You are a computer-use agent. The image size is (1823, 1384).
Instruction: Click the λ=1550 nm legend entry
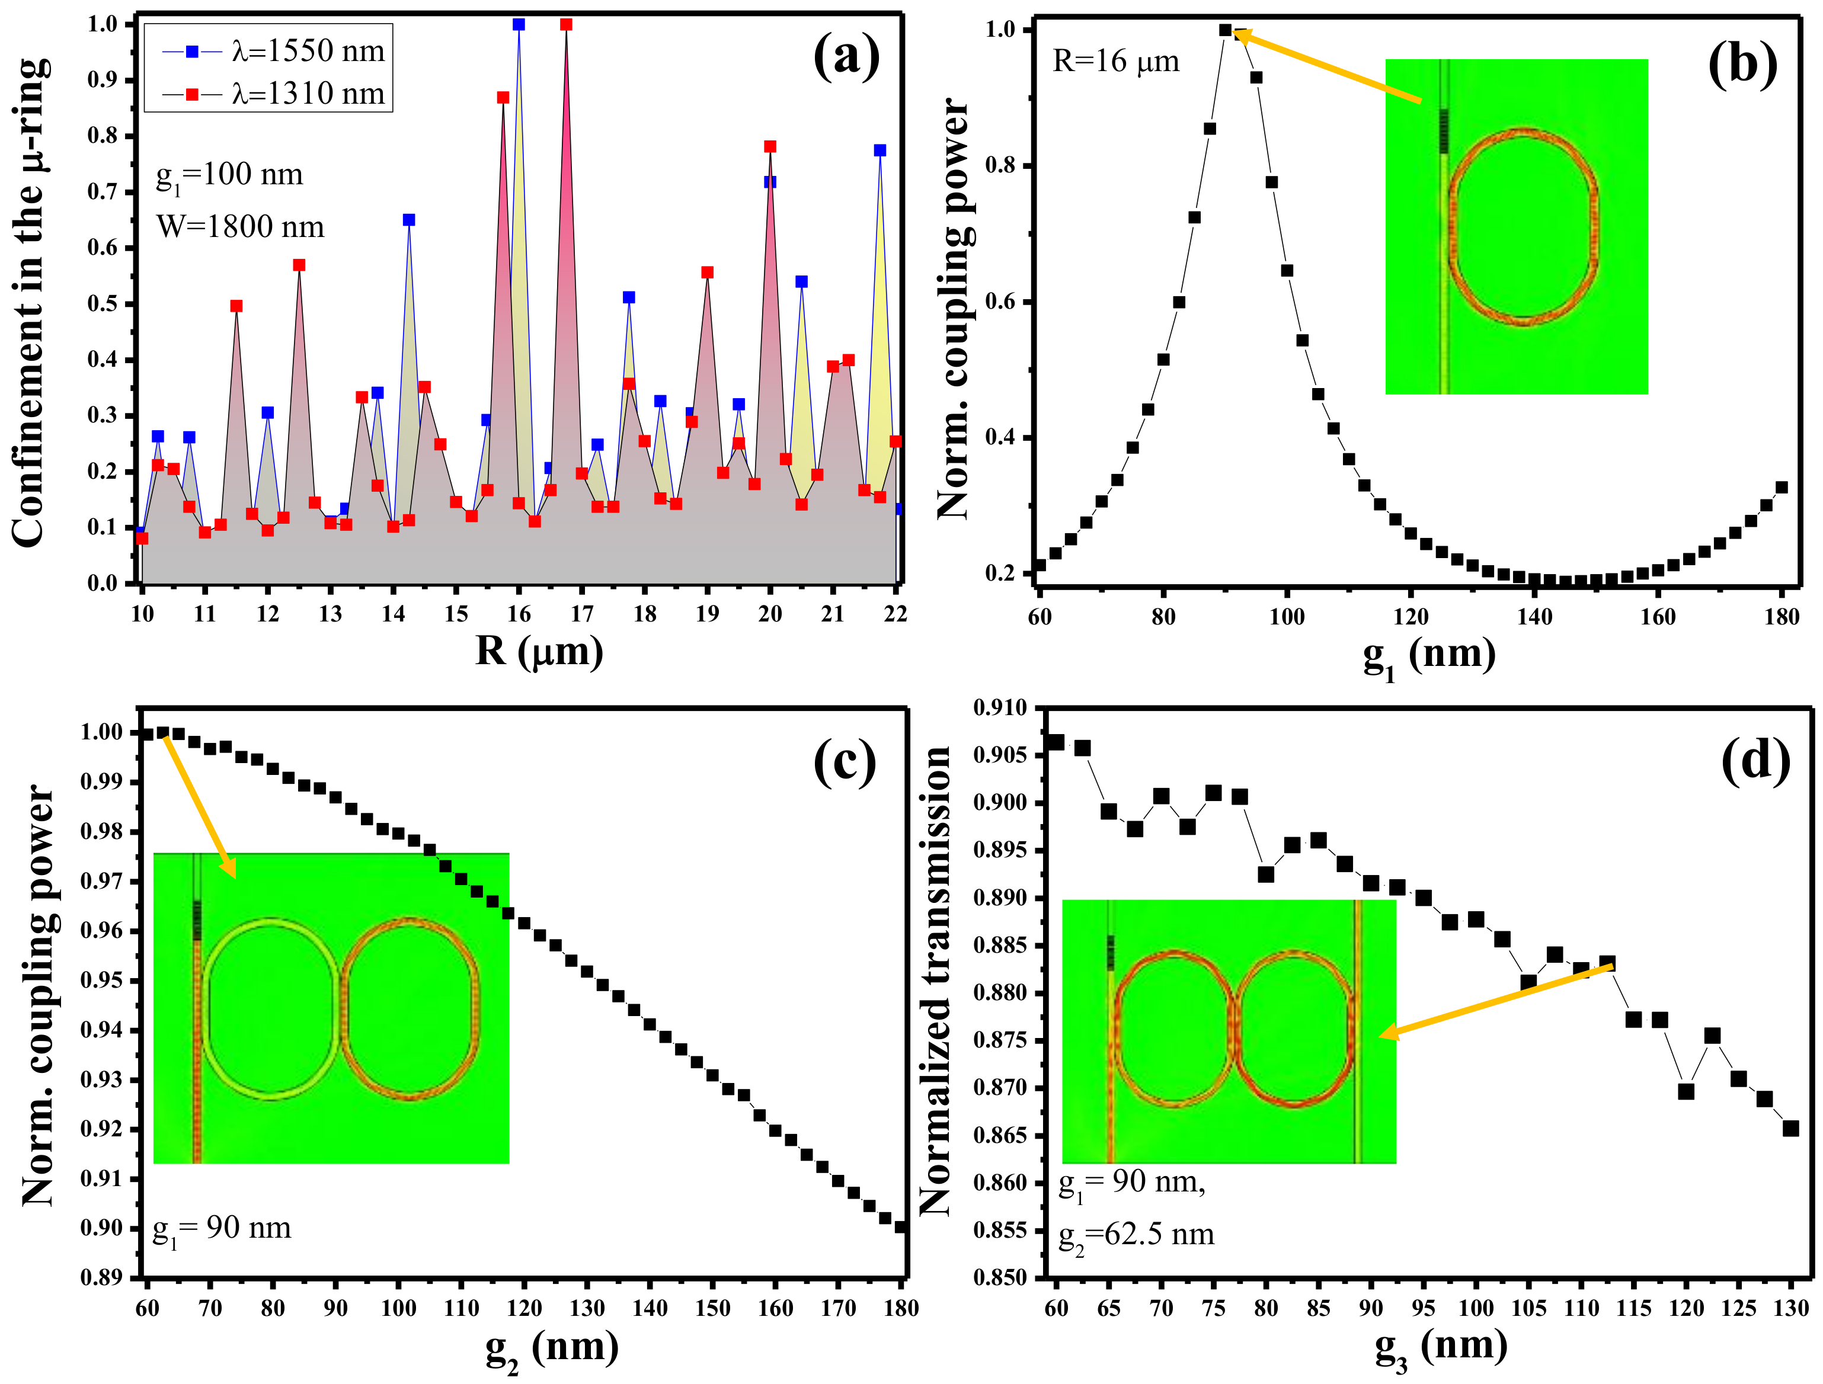click(272, 51)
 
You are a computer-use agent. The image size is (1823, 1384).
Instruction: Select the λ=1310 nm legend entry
click(272, 94)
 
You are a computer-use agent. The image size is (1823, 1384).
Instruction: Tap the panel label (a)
click(846, 57)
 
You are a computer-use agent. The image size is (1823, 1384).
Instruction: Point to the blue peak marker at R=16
click(519, 25)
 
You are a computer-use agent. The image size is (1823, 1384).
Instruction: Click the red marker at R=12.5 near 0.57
click(299, 265)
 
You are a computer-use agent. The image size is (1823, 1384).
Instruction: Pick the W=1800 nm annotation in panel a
click(241, 226)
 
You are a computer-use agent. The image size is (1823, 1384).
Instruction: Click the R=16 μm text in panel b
click(1116, 62)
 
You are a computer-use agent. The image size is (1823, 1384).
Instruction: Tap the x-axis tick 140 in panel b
click(1534, 617)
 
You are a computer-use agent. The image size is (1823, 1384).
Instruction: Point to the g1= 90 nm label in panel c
click(222, 1229)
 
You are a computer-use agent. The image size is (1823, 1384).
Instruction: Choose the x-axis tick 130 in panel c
click(587, 1308)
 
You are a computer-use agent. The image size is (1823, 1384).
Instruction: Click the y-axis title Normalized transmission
click(935, 981)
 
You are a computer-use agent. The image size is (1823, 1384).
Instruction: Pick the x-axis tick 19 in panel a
click(707, 614)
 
